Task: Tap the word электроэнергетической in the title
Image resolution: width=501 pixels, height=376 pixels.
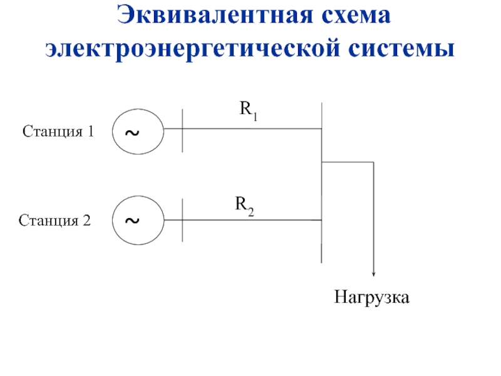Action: (x=192, y=49)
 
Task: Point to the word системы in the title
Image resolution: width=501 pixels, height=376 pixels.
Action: (x=401, y=49)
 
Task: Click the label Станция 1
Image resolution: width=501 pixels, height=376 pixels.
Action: (x=58, y=132)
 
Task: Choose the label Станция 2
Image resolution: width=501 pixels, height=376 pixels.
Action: (x=54, y=221)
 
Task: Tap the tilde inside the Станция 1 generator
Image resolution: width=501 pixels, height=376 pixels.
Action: (x=132, y=132)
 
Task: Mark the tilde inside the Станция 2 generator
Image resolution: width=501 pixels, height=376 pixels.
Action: (x=132, y=221)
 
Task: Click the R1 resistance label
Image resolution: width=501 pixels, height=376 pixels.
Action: (x=249, y=111)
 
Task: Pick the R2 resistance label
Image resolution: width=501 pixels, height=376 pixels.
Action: (x=244, y=206)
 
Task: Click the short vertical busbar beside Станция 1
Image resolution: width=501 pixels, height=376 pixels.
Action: (x=182, y=130)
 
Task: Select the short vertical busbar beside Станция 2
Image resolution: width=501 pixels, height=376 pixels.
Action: (x=182, y=220)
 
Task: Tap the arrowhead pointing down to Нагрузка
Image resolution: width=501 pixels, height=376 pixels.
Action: (x=373, y=274)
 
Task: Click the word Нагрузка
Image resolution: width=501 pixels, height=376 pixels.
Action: (x=371, y=297)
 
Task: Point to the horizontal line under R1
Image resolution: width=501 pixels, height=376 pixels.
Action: (x=243, y=129)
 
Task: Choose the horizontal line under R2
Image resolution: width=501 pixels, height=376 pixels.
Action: (x=243, y=220)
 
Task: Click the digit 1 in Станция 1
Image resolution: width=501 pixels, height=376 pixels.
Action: (x=91, y=131)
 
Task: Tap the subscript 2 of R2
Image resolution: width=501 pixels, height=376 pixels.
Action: (x=251, y=212)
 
